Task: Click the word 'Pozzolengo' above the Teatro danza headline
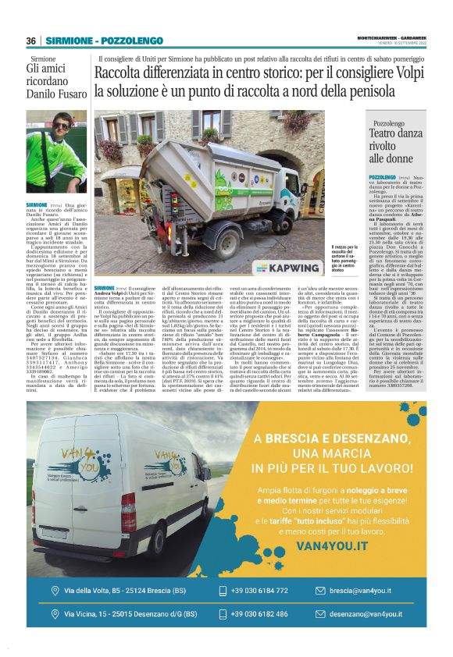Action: point(394,123)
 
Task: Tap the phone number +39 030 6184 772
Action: point(259,591)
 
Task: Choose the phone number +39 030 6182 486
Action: point(259,615)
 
